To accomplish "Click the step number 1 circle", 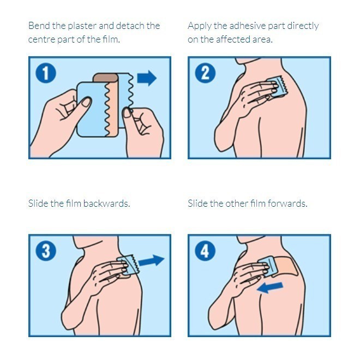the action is pyautogui.click(x=46, y=73).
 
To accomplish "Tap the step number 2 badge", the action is pyautogui.click(x=205, y=73).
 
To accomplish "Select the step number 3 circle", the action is pyautogui.click(x=46, y=250).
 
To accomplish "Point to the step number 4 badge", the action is pyautogui.click(x=205, y=250).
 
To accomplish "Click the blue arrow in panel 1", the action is pyautogui.click(x=147, y=78).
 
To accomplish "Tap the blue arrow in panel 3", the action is pyautogui.click(x=152, y=261).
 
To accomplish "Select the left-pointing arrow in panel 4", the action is pyautogui.click(x=270, y=287).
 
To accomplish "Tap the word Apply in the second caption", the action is pyautogui.click(x=199, y=26).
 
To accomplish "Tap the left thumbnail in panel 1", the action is pyautogui.click(x=87, y=102).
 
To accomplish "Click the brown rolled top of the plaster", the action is pyautogui.click(x=106, y=77).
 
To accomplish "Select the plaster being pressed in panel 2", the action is pyautogui.click(x=277, y=87).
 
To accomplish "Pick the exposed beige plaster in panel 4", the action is pyautogui.click(x=286, y=266).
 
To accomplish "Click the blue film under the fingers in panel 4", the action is pyautogui.click(x=267, y=267).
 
